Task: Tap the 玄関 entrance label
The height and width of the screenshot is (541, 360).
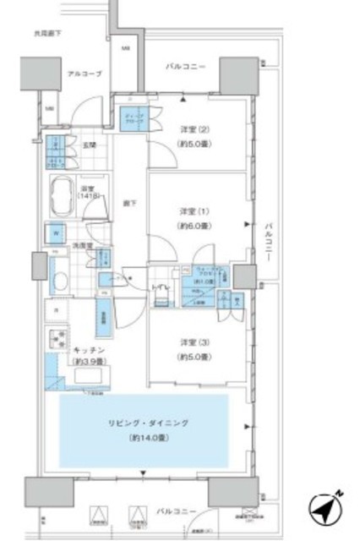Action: pyautogui.click(x=88, y=145)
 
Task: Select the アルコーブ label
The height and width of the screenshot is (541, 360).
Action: pyautogui.click(x=85, y=74)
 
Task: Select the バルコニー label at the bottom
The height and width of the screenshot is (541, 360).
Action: pyautogui.click(x=176, y=512)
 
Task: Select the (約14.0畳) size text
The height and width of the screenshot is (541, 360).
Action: pyautogui.click(x=144, y=439)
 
